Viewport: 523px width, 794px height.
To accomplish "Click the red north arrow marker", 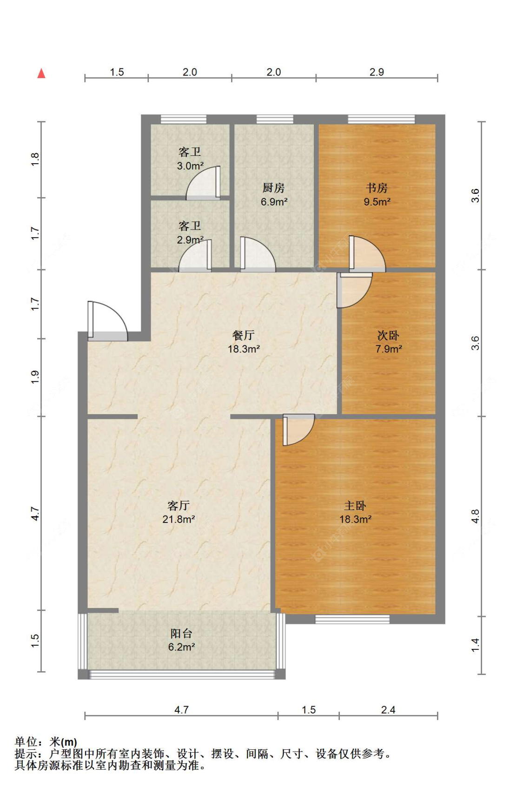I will click(x=41, y=73).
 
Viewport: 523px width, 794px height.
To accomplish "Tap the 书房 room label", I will click(x=377, y=188).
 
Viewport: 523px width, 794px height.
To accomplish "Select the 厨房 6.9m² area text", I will click(x=274, y=202).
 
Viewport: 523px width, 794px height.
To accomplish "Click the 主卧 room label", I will click(x=355, y=506).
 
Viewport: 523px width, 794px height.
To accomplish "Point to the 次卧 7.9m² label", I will click(x=388, y=342).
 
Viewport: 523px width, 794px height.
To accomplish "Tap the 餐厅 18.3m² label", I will click(x=244, y=342).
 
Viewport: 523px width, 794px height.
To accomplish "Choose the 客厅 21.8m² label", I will click(x=179, y=512).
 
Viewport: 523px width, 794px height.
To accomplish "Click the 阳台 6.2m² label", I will click(x=181, y=640).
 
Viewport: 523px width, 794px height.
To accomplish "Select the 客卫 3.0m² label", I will click(x=190, y=159).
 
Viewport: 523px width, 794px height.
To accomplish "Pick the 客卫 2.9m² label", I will click(x=190, y=233).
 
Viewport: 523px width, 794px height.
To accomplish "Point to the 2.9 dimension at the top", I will click(x=377, y=72).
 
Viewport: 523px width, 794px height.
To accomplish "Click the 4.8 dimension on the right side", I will click(x=475, y=516).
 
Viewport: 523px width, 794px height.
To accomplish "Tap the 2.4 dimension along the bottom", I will click(x=388, y=710).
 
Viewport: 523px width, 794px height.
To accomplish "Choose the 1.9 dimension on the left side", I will click(x=35, y=377).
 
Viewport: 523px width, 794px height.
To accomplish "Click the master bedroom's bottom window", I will click(x=352, y=619).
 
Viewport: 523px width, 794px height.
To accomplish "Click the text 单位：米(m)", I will click(x=46, y=742).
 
